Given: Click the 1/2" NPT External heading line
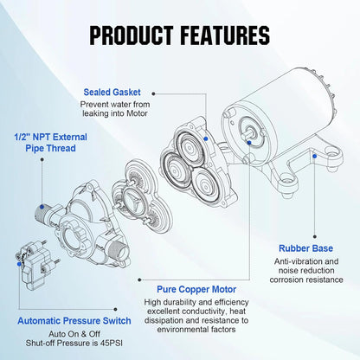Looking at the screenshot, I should tap(49, 135).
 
